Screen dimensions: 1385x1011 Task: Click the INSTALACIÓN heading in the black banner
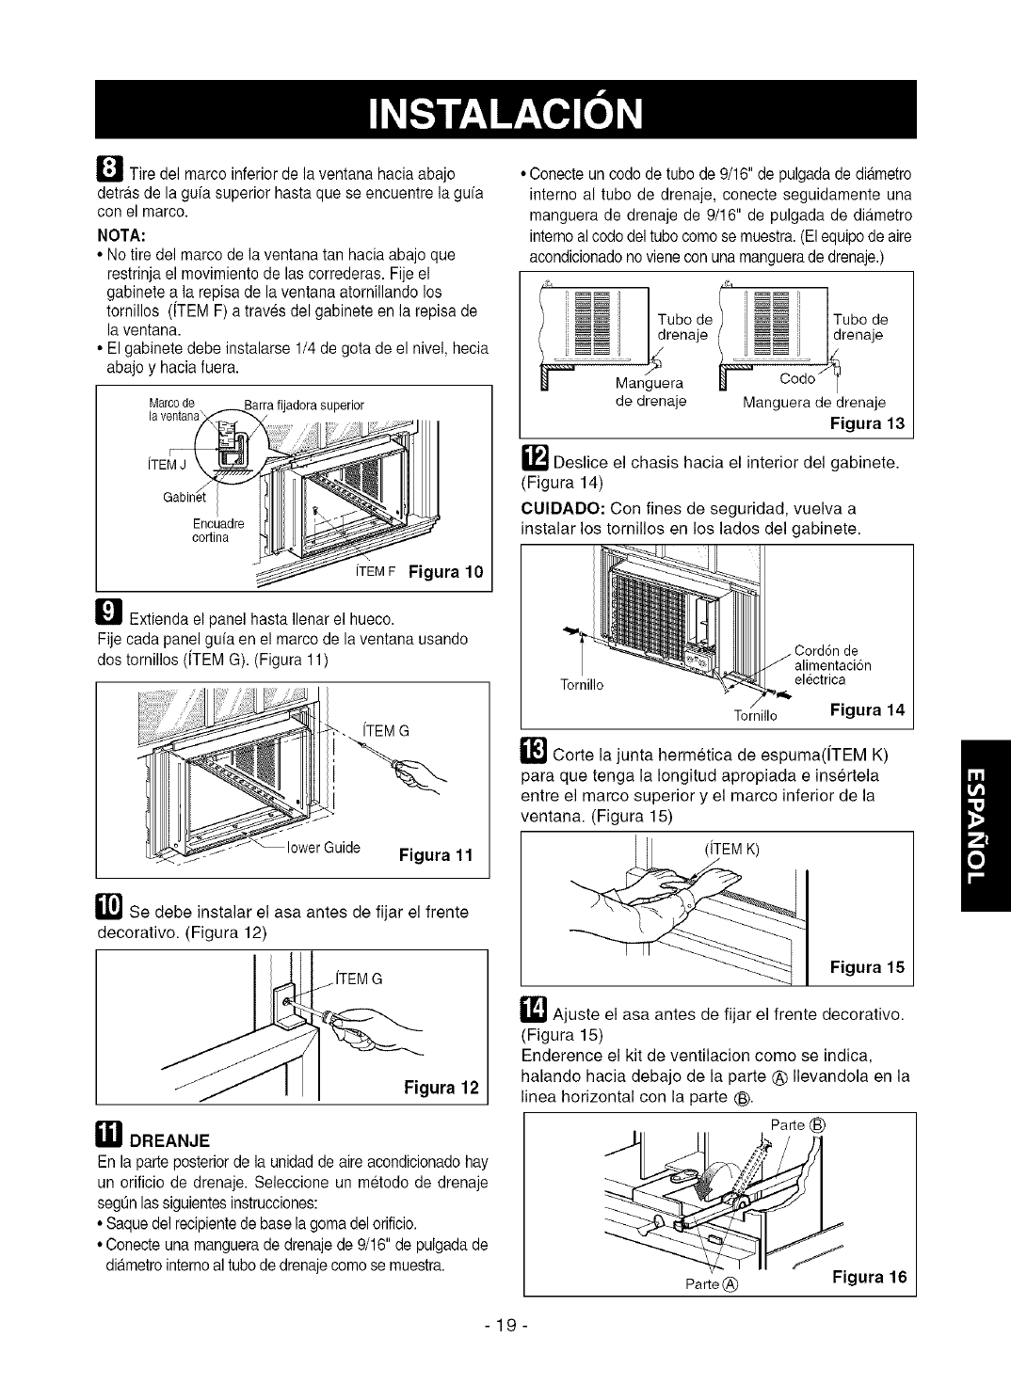click(505, 109)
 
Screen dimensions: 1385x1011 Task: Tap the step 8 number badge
click(110, 172)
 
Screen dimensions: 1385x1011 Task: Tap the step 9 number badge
click(109, 617)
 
